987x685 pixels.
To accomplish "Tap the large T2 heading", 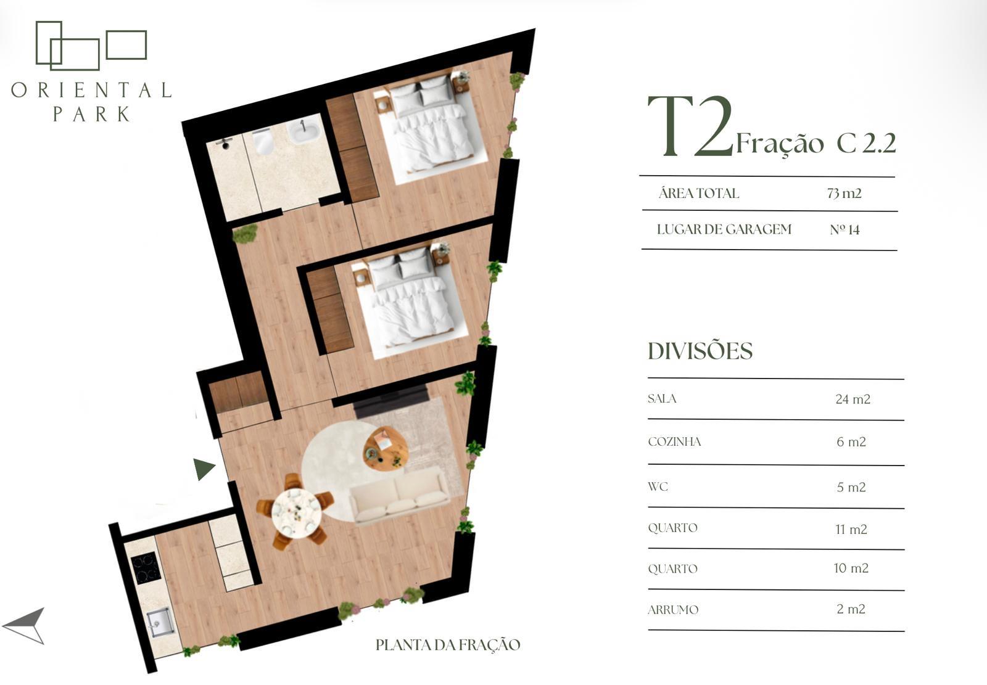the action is (690, 126).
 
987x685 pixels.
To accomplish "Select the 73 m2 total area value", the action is (844, 194).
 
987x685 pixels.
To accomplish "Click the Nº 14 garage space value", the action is (845, 229).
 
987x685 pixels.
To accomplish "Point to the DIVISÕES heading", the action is (700, 351).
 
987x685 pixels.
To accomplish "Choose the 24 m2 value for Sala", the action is (853, 399).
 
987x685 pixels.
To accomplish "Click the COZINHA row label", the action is (674, 442).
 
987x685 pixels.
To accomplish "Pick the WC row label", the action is (658, 486).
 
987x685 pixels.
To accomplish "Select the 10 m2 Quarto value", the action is (851, 568).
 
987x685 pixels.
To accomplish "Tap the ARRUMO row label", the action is (673, 610).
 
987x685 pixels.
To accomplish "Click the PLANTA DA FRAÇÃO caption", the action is (448, 645).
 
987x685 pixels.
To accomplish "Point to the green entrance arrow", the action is (204, 469).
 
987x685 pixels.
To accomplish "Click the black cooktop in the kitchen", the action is (146, 568).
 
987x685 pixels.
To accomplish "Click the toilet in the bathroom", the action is (263, 141).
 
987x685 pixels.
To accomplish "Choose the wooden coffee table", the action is (386, 448).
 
